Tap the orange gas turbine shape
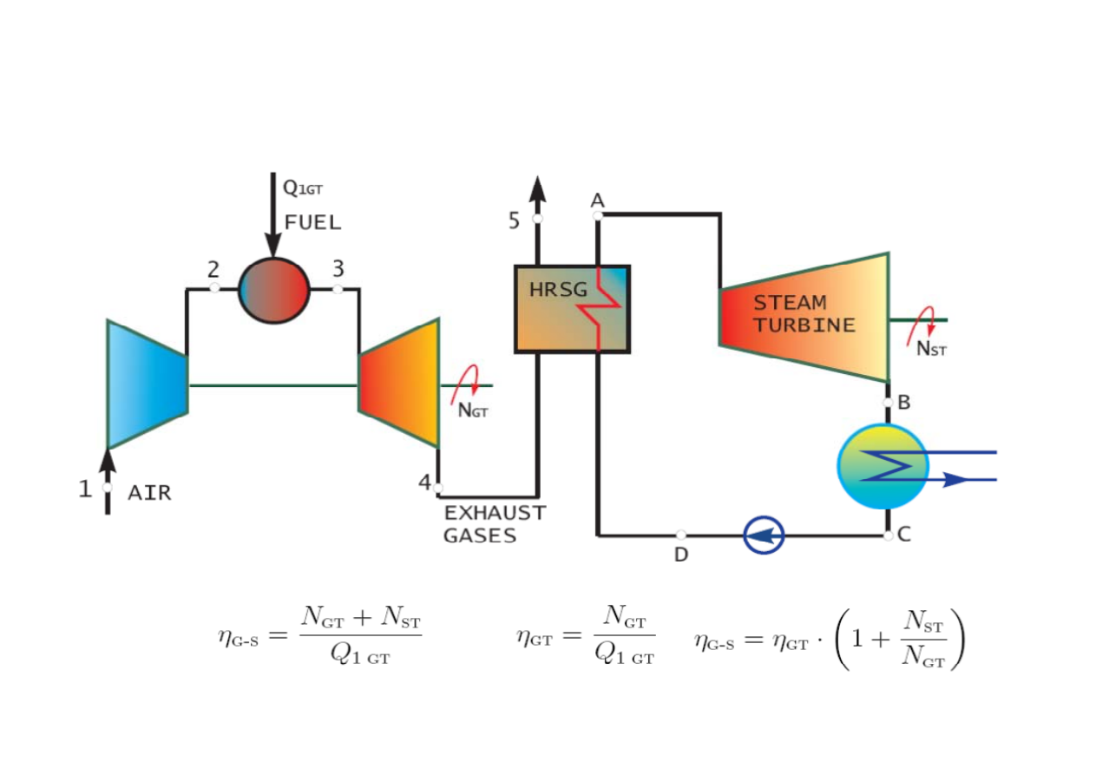pyautogui.click(x=400, y=383)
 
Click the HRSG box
pyautogui.click(x=572, y=309)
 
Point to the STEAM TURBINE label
pyautogui.click(x=804, y=314)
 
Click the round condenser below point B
pyautogui.click(x=887, y=466)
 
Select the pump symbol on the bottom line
pyautogui.click(x=765, y=535)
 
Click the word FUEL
pyautogui.click(x=312, y=222)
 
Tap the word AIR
pyautogui.click(x=149, y=494)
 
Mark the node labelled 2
pyautogui.click(x=214, y=288)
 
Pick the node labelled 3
pyautogui.click(x=338, y=288)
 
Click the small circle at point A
pyautogui.click(x=598, y=215)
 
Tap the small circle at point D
pyautogui.click(x=681, y=535)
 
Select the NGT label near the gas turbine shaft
pyautogui.click(x=473, y=411)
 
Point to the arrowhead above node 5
pyautogui.click(x=538, y=188)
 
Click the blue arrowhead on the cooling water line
pyautogui.click(x=955, y=479)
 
